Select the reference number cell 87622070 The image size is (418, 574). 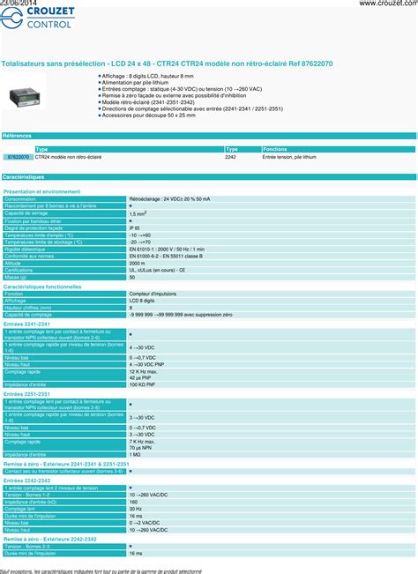click(18, 156)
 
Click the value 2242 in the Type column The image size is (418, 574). click(230, 156)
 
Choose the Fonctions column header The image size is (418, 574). click(275, 149)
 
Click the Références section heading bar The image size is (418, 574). click(209, 136)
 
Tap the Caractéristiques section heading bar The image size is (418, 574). click(209, 176)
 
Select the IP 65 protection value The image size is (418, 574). click(135, 227)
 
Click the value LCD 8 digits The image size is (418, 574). click(141, 300)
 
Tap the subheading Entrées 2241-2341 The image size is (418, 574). click(29, 324)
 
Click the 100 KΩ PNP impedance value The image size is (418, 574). click(143, 385)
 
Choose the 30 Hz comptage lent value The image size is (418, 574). click(135, 508)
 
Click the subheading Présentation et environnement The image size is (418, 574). click(41, 191)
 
